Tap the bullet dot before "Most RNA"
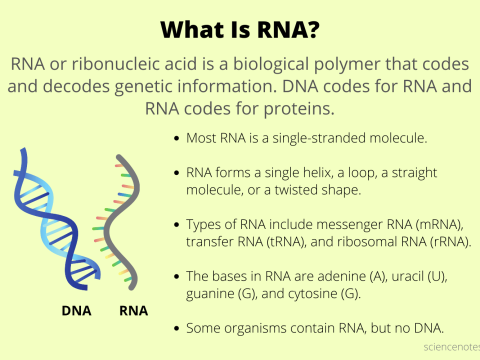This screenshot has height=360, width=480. pos(176,137)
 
